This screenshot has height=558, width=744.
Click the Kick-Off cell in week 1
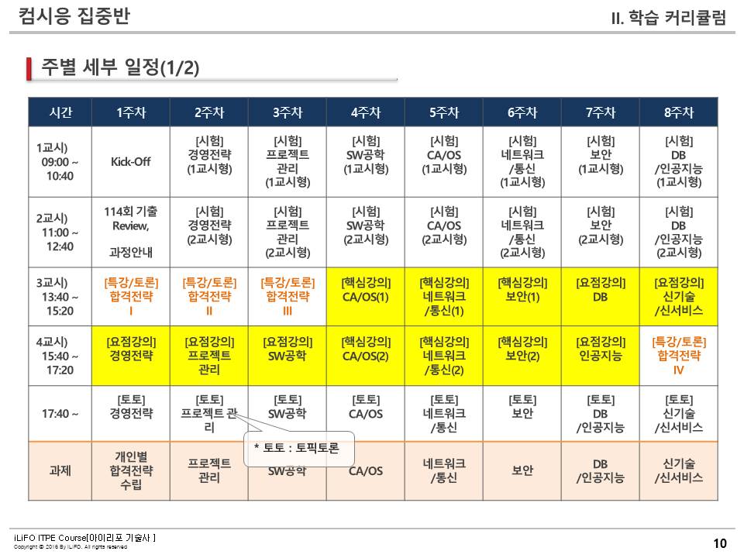tap(130, 162)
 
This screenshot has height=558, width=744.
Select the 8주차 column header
tap(679, 112)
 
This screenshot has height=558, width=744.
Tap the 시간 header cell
tap(60, 112)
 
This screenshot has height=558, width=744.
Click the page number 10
tap(720, 543)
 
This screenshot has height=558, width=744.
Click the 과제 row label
tap(60, 470)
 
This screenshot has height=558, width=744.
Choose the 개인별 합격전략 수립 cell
tap(130, 470)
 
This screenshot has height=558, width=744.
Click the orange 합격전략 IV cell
tap(679, 355)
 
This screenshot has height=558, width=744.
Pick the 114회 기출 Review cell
tap(130, 230)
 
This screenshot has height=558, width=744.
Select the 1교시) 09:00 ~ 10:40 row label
tap(60, 162)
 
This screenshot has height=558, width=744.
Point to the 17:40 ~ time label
tap(60, 413)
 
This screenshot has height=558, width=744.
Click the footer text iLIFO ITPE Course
tap(85, 537)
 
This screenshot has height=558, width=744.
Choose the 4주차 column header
tap(366, 112)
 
